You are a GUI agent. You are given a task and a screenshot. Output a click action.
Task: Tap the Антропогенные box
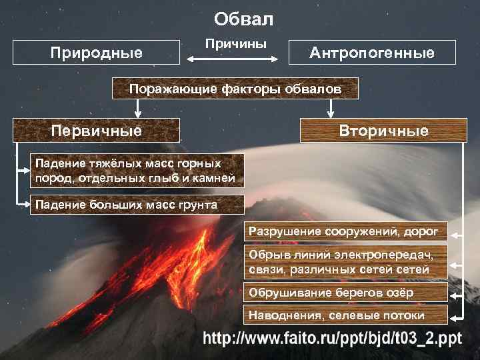tap(371, 53)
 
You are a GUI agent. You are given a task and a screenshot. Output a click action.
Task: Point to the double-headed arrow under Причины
tap(234, 60)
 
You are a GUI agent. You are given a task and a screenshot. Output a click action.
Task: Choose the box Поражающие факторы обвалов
tap(235, 89)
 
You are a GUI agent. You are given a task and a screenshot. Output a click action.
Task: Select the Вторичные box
tap(383, 131)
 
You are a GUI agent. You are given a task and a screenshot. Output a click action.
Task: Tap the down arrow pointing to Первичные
tap(137, 107)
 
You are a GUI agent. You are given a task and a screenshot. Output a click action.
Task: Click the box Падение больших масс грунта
tap(127, 205)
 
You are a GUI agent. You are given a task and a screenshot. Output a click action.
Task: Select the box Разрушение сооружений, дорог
tap(344, 232)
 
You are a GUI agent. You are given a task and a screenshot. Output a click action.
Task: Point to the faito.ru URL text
tap(333, 338)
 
